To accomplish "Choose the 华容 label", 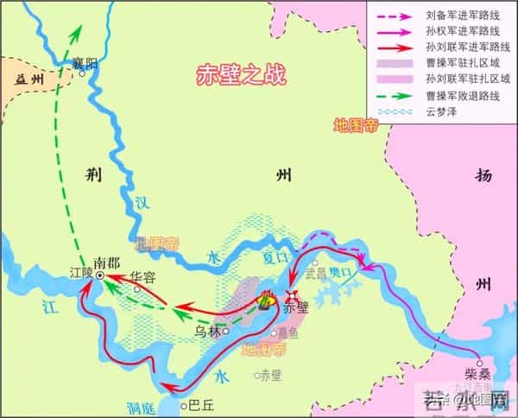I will click(142, 278).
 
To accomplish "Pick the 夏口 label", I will click(274, 256).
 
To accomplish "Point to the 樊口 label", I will click(342, 272).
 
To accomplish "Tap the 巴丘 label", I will click(199, 403).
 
